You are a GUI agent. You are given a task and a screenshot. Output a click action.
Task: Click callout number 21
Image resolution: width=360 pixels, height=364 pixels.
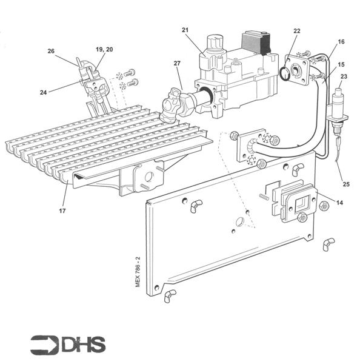[x=185, y=30]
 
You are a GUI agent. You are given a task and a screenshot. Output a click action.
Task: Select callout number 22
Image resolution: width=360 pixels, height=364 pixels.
[x=296, y=30]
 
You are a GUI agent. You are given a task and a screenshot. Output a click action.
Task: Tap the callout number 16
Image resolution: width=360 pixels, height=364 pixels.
[x=341, y=42]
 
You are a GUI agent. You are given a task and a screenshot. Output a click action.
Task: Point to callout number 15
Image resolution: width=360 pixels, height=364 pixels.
[x=341, y=64]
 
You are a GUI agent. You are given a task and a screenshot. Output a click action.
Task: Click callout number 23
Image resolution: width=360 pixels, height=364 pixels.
[x=344, y=76]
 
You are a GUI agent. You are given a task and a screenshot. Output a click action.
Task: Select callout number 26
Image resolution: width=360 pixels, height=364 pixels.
[x=51, y=51]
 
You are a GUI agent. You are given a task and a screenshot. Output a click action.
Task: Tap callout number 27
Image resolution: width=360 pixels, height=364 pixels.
[x=177, y=64]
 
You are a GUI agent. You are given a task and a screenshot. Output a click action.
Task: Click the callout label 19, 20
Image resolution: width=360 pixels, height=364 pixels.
[x=104, y=48]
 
